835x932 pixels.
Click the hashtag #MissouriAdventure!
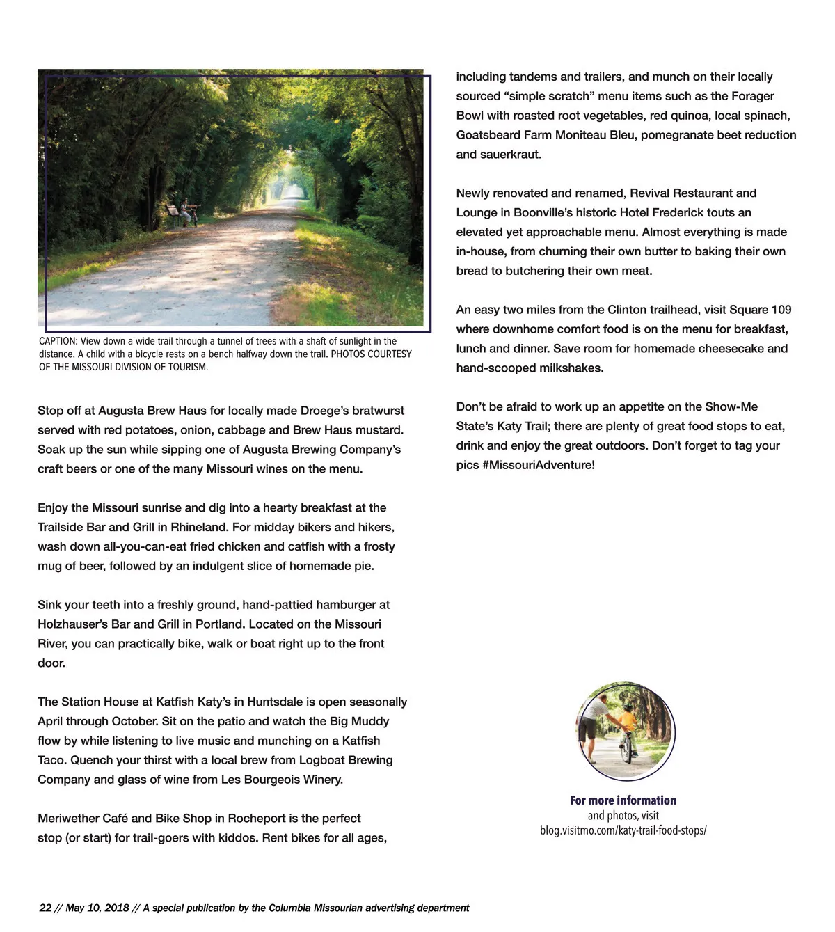[538, 465]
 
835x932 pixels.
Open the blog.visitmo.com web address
[623, 830]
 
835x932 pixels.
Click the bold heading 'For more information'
[623, 800]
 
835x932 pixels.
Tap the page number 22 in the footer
[45, 908]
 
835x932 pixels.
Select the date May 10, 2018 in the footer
[97, 908]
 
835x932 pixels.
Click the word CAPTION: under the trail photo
[58, 341]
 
